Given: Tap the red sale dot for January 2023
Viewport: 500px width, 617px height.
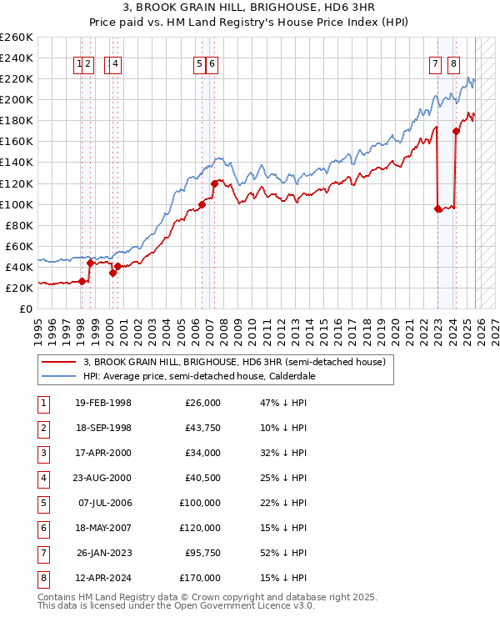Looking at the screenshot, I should pos(438,208).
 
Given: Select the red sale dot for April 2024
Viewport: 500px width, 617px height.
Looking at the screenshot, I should pos(457,131).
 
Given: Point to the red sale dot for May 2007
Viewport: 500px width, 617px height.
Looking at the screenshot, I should pos(214,183).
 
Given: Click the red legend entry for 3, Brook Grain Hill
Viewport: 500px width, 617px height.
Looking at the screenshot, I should pos(234,363).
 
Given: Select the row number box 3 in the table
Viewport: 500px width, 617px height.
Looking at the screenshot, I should pos(42,453).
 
